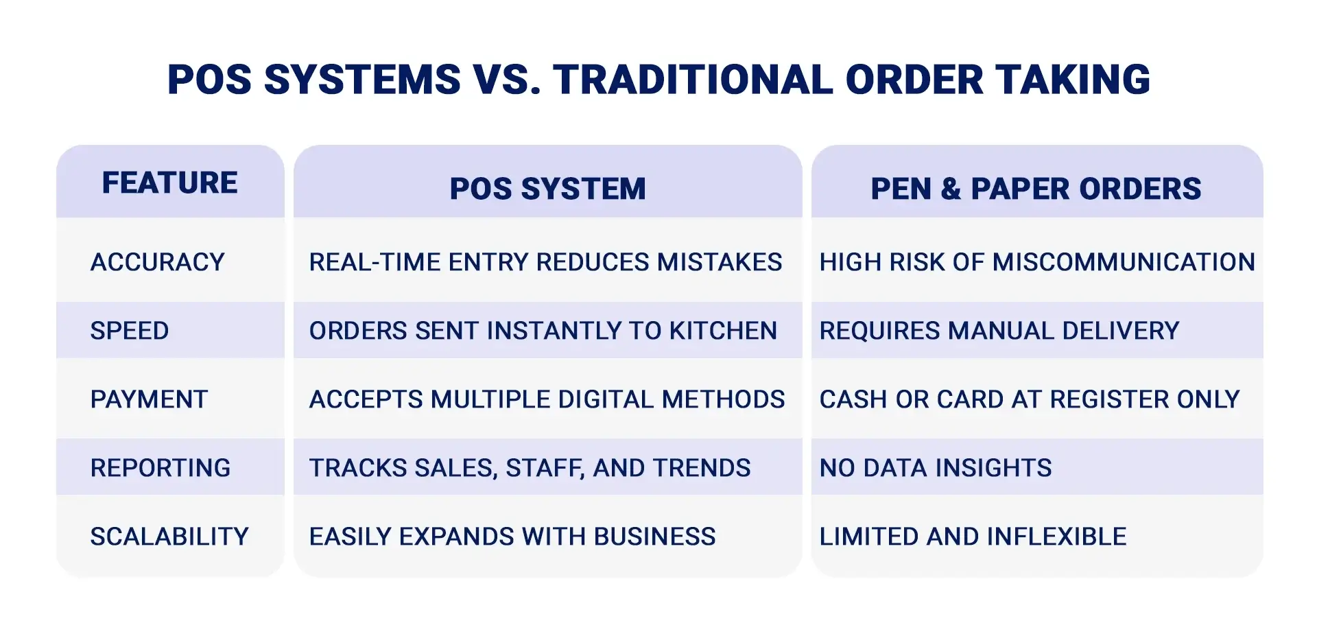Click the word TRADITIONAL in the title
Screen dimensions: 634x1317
693,80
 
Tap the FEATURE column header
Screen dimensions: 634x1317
169,183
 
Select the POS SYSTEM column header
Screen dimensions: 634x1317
547,189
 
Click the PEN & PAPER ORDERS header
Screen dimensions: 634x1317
1036,189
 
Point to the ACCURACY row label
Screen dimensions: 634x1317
158,262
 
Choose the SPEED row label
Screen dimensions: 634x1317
130,331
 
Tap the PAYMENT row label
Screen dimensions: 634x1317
149,399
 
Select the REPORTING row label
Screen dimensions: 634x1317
161,468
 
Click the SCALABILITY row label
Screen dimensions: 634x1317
169,537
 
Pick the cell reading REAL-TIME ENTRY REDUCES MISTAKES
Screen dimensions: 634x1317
545,262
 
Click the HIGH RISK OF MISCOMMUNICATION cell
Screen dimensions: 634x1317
1036,262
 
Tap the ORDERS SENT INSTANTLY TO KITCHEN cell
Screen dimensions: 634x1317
543,331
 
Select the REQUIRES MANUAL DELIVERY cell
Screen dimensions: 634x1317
999,331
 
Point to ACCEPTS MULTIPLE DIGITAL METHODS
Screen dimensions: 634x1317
547,399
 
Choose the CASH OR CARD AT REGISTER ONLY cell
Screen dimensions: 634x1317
1029,399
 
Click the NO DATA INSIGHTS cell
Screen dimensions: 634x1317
935,468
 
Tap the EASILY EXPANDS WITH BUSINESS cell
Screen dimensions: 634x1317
512,537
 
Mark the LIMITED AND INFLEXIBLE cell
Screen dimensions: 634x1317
973,537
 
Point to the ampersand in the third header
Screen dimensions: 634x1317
951,189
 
